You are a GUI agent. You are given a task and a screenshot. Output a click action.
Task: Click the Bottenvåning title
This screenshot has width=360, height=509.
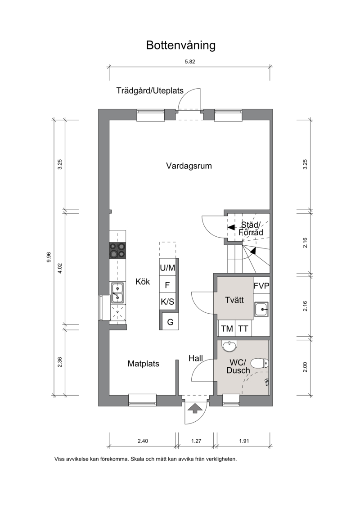[x=180, y=45]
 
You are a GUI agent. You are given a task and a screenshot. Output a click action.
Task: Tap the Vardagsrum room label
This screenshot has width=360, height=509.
[x=189, y=166]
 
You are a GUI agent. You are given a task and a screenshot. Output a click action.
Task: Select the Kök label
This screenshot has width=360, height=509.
[x=143, y=281]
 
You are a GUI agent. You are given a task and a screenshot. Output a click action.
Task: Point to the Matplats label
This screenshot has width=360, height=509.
[x=143, y=364]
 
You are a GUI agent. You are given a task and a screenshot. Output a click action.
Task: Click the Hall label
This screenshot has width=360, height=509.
[x=195, y=358]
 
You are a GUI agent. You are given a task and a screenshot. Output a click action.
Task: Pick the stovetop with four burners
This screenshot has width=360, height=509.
[x=117, y=251]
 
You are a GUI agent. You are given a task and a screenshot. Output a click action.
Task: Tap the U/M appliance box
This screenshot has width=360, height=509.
[x=167, y=268]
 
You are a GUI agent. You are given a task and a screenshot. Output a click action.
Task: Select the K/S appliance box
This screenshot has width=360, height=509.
[x=167, y=302]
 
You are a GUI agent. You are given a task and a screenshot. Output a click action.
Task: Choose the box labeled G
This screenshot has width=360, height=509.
[x=170, y=322]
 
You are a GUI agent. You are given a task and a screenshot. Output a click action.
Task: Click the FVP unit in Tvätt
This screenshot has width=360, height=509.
[x=261, y=286]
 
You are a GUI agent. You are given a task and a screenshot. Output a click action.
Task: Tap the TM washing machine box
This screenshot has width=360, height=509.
[x=227, y=329]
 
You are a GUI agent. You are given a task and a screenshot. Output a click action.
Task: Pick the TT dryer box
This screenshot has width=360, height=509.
[x=243, y=329]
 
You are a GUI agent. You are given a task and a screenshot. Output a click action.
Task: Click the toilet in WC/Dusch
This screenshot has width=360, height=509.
[x=261, y=363]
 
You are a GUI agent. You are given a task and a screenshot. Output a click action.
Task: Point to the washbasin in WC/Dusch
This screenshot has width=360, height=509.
[x=230, y=346]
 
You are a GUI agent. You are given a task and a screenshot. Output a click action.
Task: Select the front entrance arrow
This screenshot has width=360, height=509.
[x=194, y=408]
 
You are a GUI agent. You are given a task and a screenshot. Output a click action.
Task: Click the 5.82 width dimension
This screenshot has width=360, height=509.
[x=190, y=61]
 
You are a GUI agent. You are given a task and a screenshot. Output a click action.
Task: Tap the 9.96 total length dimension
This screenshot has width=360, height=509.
[x=49, y=257]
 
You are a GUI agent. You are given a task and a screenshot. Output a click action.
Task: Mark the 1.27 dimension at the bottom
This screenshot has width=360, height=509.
[x=196, y=441]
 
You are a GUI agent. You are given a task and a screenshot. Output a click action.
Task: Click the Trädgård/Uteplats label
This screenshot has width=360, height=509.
[x=150, y=90]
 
